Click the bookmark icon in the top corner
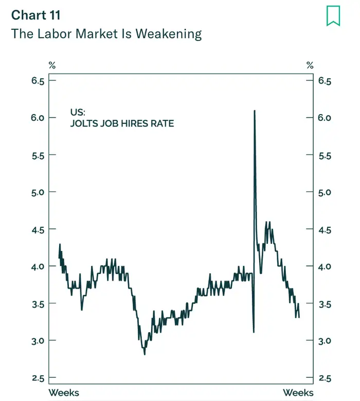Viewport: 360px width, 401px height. click(333, 15)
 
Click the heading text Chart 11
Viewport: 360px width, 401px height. click(35, 15)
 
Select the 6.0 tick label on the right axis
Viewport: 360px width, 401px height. click(324, 118)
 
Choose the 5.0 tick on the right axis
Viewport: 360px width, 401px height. click(324, 192)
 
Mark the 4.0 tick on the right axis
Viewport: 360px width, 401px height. click(324, 266)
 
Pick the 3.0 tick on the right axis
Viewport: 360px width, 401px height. click(324, 341)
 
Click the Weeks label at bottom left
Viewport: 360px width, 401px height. click(64, 393)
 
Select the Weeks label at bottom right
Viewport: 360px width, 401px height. click(298, 393)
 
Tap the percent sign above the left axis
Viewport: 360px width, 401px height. click(52, 65)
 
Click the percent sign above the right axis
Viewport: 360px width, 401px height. click(310, 65)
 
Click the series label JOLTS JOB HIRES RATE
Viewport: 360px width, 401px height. click(122, 123)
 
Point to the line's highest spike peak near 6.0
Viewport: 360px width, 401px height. click(255, 111)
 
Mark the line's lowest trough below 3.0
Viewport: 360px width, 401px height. click(145, 354)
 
